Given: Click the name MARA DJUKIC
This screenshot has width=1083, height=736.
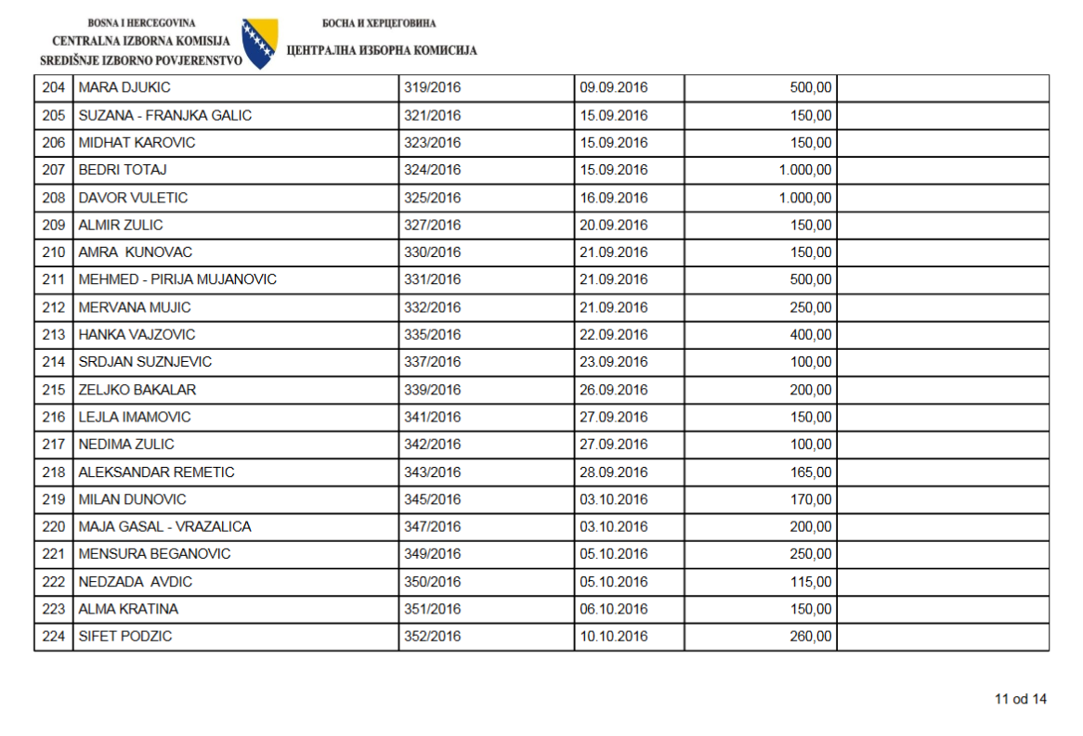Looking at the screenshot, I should pyautogui.click(x=124, y=88).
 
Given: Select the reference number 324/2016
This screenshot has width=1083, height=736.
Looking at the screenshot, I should pyautogui.click(x=432, y=170).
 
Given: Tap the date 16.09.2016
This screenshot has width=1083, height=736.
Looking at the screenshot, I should pyautogui.click(x=613, y=198).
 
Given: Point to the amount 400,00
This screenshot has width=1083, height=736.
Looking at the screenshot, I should pyautogui.click(x=811, y=334).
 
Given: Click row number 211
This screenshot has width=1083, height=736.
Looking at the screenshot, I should pyautogui.click(x=53, y=279).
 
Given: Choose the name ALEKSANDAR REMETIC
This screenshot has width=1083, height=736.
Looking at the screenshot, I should pyautogui.click(x=156, y=471).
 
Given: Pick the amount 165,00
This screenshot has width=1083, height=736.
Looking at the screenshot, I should pyautogui.click(x=811, y=471).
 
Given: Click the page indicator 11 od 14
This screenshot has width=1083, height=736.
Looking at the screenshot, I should pyautogui.click(x=1020, y=699).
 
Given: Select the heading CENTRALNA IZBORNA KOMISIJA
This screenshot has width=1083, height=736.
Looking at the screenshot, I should pyautogui.click(x=141, y=42).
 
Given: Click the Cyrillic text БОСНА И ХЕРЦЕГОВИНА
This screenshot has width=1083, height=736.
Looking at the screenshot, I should pyautogui.click(x=379, y=23).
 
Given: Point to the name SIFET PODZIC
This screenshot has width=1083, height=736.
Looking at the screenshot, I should pyautogui.click(x=125, y=637).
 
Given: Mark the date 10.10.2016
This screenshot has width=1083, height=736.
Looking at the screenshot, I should pyautogui.click(x=613, y=637).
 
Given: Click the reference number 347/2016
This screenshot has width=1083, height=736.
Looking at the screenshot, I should pyautogui.click(x=432, y=526).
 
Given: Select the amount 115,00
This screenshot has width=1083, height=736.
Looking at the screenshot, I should pyautogui.click(x=811, y=582).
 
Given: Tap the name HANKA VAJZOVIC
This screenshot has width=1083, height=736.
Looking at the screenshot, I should pyautogui.click(x=137, y=334).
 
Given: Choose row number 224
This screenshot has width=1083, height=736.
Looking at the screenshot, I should pyautogui.click(x=53, y=637).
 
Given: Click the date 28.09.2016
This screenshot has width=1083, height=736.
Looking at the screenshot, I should pyautogui.click(x=613, y=471).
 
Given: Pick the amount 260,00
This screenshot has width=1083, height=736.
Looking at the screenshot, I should pyautogui.click(x=811, y=637).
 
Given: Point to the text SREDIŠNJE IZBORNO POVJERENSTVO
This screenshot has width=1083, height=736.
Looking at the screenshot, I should pyautogui.click(x=141, y=60).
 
